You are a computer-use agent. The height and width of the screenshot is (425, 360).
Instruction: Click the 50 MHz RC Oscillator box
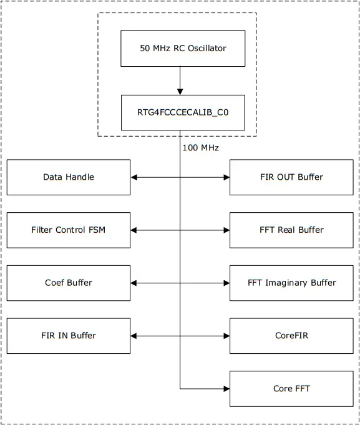pyautogui.click(x=182, y=48)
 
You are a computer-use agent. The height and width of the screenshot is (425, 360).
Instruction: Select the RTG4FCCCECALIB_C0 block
pyautogui.click(x=182, y=112)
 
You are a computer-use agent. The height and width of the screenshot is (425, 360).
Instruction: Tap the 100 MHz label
pyautogui.click(x=200, y=148)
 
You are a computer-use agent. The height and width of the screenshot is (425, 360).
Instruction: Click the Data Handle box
pyautogui.click(x=69, y=177)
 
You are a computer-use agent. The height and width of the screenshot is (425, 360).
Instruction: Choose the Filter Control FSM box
pyautogui.click(x=69, y=230)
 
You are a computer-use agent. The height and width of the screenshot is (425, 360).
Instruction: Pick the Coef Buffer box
pyautogui.click(x=69, y=283)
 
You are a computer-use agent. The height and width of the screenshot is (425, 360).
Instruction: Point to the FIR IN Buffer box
pyautogui.click(x=69, y=336)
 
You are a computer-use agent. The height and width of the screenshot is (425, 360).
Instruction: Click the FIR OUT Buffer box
pyautogui.click(x=291, y=177)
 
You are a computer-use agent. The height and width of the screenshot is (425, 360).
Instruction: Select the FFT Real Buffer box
pyautogui.click(x=291, y=230)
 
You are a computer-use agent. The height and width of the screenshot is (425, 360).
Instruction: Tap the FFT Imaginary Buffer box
pyautogui.click(x=291, y=283)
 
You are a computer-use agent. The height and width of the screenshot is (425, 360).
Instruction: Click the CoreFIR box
pyautogui.click(x=291, y=336)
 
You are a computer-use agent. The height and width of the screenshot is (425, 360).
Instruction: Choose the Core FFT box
pyautogui.click(x=291, y=389)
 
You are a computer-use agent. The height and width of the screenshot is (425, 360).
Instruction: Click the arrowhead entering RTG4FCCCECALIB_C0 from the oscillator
pyautogui.click(x=180, y=91)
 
